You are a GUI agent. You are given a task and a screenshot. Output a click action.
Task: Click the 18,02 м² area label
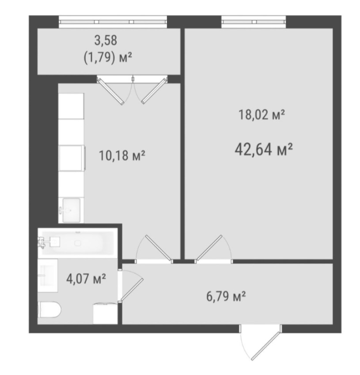[x=261, y=115]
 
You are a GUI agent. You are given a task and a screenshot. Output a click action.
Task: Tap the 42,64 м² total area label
[x=264, y=150]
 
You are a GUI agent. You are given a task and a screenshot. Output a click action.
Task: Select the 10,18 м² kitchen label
[x=122, y=155]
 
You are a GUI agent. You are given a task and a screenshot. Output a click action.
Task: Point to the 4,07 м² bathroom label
[x=86, y=279]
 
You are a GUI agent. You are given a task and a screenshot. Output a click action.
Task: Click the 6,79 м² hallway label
[x=226, y=296]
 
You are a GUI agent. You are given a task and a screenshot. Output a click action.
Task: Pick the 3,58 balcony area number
[x=106, y=40]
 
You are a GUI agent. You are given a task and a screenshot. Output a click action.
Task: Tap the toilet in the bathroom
[x=49, y=310]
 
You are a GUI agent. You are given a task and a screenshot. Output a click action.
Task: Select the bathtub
[x=77, y=243]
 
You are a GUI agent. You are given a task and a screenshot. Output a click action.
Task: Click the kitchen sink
[x=71, y=210]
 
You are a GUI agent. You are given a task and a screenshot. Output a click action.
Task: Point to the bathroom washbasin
[x=48, y=275]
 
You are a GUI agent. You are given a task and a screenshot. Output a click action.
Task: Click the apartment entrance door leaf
[x=265, y=345]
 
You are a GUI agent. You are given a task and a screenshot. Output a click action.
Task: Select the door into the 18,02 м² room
[x=209, y=248]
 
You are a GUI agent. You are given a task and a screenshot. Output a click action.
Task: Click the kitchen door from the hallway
[x=158, y=248]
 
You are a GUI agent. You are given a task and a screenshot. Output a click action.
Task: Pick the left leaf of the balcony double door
[x=110, y=91]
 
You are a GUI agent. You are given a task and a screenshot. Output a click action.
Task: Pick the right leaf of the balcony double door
[x=154, y=90]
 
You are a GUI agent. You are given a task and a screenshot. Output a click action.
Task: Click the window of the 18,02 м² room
[x=254, y=22]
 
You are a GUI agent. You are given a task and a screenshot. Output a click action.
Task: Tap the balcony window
[x=113, y=22]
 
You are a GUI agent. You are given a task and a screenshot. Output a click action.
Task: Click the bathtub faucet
[x=41, y=242]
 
